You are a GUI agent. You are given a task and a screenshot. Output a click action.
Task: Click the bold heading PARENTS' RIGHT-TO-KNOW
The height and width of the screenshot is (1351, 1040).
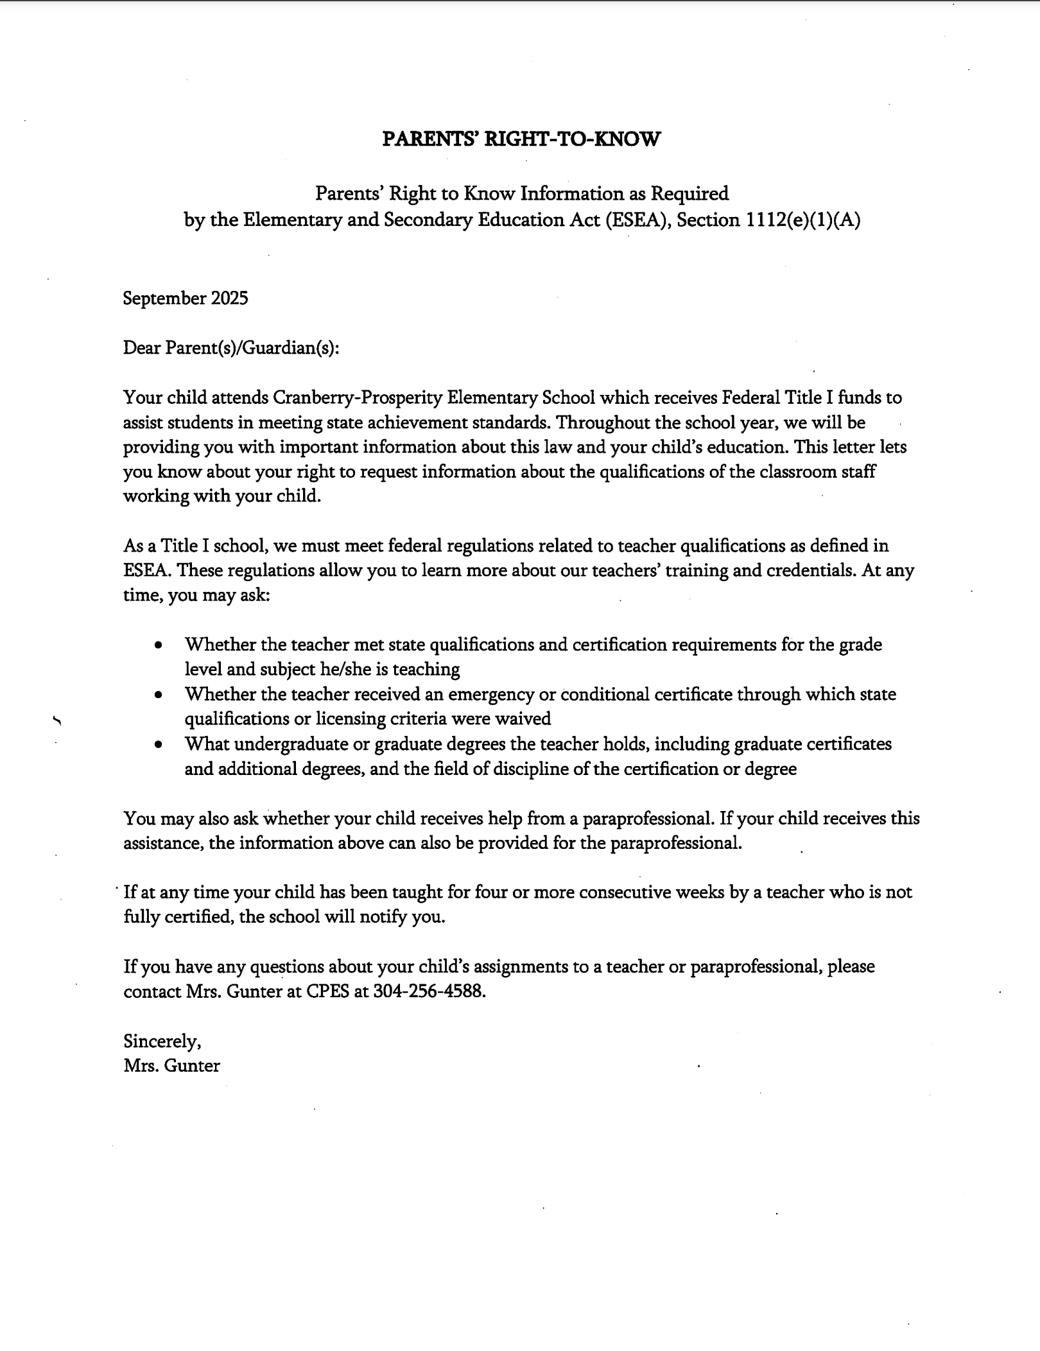pos(521,139)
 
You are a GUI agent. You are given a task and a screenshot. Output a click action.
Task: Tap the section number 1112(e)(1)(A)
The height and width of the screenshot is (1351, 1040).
pos(802,220)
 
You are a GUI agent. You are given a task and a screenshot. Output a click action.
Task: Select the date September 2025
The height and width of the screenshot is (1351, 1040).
pos(186,299)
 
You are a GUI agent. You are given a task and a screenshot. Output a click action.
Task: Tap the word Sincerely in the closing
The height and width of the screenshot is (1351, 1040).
pos(162,1041)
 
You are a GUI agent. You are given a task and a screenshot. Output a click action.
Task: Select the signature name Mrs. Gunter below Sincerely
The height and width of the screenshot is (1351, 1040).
pos(172,1066)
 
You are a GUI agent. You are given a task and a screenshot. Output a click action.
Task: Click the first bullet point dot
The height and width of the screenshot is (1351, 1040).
pos(158,645)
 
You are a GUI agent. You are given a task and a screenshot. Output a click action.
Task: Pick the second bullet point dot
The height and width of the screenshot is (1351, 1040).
pos(158,694)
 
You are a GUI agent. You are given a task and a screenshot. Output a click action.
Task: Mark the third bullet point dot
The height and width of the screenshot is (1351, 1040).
pos(158,744)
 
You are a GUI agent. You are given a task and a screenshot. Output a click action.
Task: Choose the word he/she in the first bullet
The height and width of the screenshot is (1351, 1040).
pos(346,670)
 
